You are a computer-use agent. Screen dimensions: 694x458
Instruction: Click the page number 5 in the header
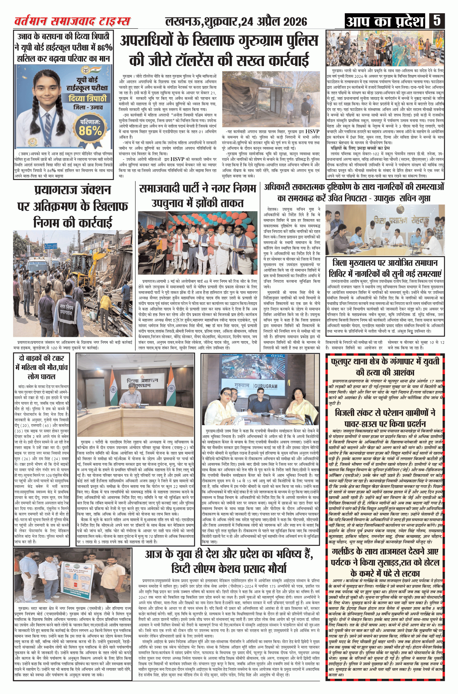point(437,21)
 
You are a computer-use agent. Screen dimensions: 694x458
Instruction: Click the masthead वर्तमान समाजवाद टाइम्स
point(72,21)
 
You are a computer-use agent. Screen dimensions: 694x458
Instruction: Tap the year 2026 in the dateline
point(295,22)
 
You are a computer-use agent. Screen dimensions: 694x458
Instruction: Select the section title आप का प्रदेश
point(385,21)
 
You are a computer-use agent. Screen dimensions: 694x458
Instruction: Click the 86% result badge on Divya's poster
point(90,129)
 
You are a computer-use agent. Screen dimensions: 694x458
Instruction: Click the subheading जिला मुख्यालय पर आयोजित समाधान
point(385,268)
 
